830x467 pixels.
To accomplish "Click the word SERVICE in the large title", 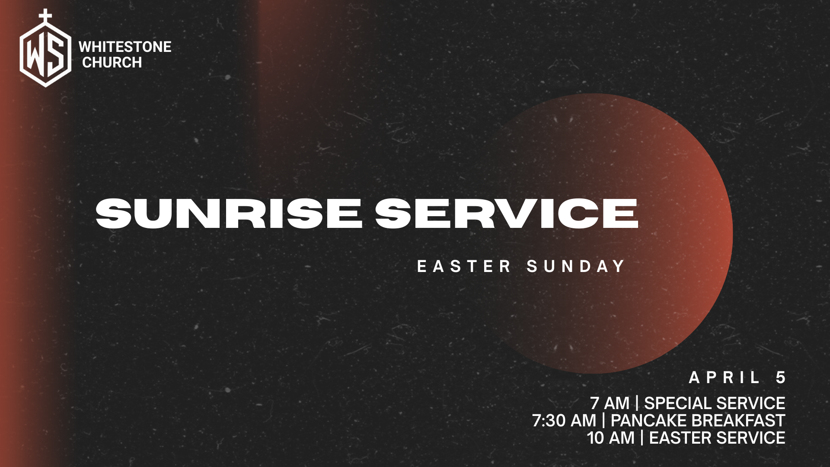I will tap(507, 214).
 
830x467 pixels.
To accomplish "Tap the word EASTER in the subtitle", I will tap(464, 266).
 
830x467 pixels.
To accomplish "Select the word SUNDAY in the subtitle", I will tap(576, 266).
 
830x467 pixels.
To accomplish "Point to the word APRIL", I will tap(725, 378).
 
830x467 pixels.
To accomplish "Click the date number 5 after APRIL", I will tap(780, 378).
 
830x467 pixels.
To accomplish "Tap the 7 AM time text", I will tap(610, 403).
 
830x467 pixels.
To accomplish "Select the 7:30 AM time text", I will tap(564, 421).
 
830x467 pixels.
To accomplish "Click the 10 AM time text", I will tap(610, 438).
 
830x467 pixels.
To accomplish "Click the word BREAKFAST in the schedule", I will tap(735, 421).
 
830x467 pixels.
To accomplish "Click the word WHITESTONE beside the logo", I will tap(125, 47).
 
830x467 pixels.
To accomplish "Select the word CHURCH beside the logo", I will tap(112, 63).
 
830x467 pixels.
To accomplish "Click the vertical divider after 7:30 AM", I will tap(603, 421).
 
